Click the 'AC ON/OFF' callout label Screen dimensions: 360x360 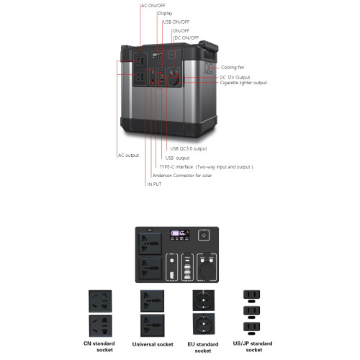tap(153, 6)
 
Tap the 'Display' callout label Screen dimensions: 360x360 tap(165, 14)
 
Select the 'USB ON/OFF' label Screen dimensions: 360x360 tap(176, 22)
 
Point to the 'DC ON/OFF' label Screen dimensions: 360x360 tap(186, 38)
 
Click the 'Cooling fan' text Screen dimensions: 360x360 tap(233, 68)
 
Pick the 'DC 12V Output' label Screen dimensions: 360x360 tap(235, 78)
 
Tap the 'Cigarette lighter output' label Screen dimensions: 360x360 tap(243, 83)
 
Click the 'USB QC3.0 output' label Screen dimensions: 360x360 tap(189, 149)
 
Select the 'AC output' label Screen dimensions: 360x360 tap(128, 156)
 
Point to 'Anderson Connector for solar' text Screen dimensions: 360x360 tap(182, 176)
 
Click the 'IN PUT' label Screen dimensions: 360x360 tap(154, 184)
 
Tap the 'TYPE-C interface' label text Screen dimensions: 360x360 tap(176, 167)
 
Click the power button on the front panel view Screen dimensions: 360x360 tap(204, 235)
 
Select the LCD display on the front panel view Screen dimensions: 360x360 tap(180, 235)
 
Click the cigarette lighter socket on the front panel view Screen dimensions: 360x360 tap(207, 271)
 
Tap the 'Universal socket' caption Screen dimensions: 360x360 tap(153, 344)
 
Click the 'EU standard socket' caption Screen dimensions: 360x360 tap(203, 348)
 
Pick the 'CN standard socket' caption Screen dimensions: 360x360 tap(99, 347)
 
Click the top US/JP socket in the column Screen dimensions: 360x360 tap(251, 294)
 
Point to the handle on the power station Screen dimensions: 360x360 tap(208, 51)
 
